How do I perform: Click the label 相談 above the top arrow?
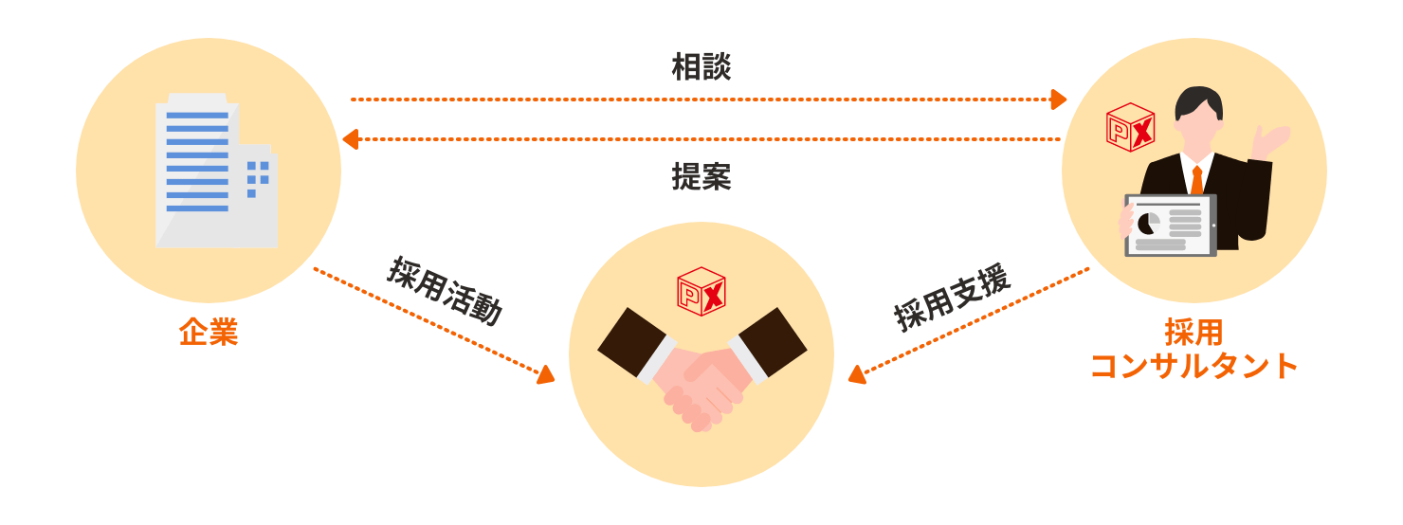[x=701, y=67]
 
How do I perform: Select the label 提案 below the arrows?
[x=701, y=176]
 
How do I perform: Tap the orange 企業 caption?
[x=209, y=332]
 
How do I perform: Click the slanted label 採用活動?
[x=446, y=291]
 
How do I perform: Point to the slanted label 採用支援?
[x=952, y=297]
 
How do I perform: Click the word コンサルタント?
[x=1193, y=366]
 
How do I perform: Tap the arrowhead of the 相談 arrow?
[x=1059, y=99]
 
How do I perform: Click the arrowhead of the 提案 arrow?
[x=351, y=139]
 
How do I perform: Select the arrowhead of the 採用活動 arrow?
[x=546, y=374]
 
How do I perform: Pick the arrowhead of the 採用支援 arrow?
[x=857, y=374]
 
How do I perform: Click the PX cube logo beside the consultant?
[x=1131, y=127]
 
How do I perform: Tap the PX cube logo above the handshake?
[x=701, y=291]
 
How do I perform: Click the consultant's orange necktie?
[x=1197, y=180]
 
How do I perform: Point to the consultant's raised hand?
[x=1269, y=141]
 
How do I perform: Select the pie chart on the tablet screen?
[x=1148, y=223]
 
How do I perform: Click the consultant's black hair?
[x=1199, y=102]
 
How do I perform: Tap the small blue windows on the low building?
[x=258, y=179]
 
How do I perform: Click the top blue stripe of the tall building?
[x=197, y=116]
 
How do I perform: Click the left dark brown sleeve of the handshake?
[x=632, y=341]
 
